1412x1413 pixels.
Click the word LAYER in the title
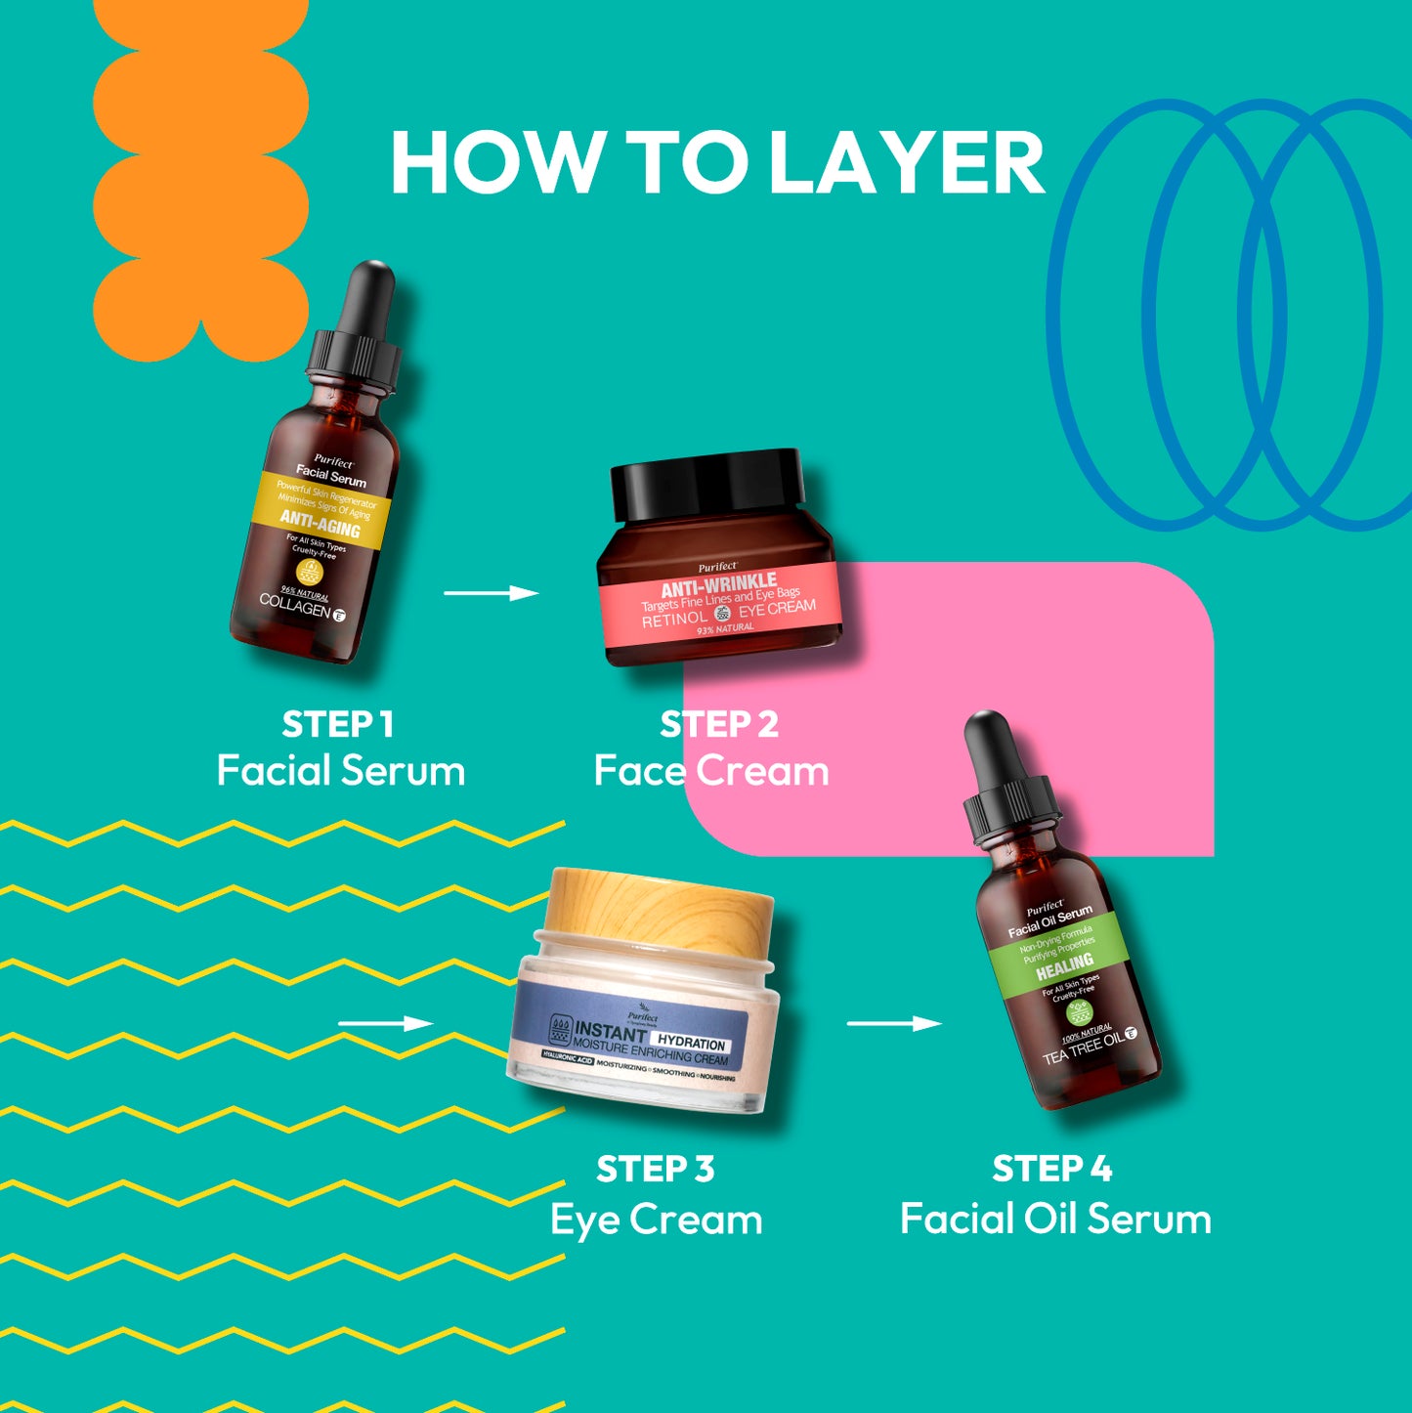pyautogui.click(x=907, y=163)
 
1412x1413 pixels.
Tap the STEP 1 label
pyautogui.click(x=338, y=725)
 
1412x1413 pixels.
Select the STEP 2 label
pyautogui.click(x=719, y=725)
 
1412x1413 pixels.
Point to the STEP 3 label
pyautogui.click(x=656, y=1169)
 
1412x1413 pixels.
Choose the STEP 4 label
pyautogui.click(x=1052, y=1169)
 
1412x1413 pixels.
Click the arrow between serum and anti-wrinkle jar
pyautogui.click(x=492, y=593)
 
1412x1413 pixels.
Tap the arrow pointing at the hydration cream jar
pyautogui.click(x=385, y=1023)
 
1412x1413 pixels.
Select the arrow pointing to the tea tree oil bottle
pyautogui.click(x=894, y=1023)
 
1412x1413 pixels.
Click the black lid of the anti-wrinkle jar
pyautogui.click(x=707, y=483)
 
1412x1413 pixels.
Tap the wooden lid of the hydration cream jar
pyautogui.click(x=661, y=904)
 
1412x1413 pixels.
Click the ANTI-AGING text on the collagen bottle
pyautogui.click(x=321, y=524)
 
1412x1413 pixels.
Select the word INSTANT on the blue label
pyautogui.click(x=611, y=1031)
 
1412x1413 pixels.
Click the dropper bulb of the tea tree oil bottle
pyautogui.click(x=989, y=745)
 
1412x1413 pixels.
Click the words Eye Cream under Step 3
pyautogui.click(x=656, y=1220)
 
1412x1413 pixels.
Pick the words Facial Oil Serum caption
pyautogui.click(x=1055, y=1220)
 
